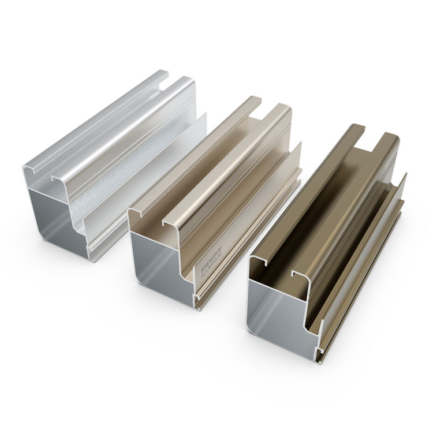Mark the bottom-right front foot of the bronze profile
[x=317, y=349]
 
